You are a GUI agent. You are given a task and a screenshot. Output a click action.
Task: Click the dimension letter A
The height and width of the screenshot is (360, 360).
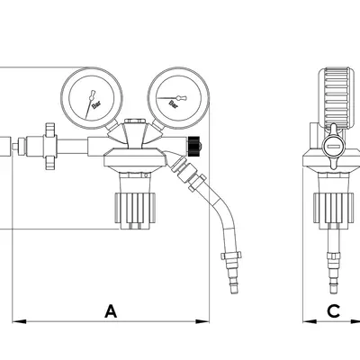click(x=111, y=311)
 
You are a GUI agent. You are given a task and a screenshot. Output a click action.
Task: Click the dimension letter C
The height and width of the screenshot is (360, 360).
click(x=333, y=311)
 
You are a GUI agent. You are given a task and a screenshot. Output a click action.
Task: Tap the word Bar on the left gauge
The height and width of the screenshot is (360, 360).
click(x=96, y=105)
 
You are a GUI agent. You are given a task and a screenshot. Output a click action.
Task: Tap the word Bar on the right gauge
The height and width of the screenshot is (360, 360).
click(x=174, y=104)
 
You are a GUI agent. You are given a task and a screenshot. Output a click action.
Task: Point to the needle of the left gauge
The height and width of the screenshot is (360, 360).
click(x=90, y=104)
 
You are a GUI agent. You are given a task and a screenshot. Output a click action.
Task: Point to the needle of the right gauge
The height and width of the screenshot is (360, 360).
click(x=172, y=98)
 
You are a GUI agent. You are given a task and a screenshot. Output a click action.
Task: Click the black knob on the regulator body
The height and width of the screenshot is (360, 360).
click(x=194, y=146)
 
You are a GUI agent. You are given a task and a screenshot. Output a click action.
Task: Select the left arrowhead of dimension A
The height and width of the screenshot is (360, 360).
click(x=19, y=321)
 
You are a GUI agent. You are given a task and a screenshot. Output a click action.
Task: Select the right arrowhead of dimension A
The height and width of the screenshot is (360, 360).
click(x=202, y=321)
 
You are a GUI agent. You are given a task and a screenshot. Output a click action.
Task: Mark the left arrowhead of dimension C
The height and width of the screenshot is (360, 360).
click(x=310, y=321)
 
